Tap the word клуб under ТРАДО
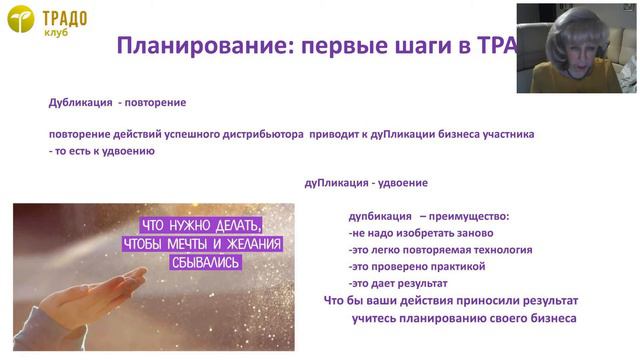[56, 32]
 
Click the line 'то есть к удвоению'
[102, 151]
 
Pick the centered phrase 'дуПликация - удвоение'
[366, 183]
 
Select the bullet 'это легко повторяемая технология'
[440, 250]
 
